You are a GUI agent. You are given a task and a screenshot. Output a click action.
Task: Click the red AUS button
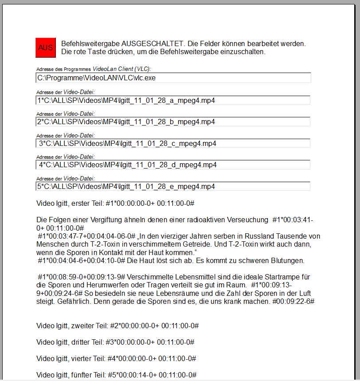coord(46,47)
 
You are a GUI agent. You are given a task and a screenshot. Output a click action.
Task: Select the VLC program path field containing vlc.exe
coord(173,78)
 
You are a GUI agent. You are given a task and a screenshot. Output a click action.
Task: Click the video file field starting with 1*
coord(173,100)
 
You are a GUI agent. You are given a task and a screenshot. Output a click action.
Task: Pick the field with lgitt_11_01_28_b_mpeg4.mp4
coord(173,122)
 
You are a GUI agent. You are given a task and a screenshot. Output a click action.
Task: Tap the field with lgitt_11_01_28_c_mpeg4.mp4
coord(173,143)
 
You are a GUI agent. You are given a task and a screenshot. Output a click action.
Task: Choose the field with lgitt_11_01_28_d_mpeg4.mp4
coord(173,165)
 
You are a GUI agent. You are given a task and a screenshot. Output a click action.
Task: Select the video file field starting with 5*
coord(173,186)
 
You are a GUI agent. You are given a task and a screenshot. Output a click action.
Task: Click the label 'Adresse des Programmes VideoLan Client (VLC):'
coord(94,69)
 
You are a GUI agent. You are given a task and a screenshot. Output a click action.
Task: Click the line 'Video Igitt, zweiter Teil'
coord(117,326)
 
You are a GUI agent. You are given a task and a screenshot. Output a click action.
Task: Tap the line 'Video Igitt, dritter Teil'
coord(115,342)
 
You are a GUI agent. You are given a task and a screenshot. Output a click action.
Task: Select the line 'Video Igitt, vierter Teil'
coord(116,358)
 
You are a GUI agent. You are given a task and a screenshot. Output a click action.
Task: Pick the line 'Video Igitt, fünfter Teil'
coord(116,374)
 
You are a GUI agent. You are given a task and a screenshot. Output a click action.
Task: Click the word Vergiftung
coord(105,220)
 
